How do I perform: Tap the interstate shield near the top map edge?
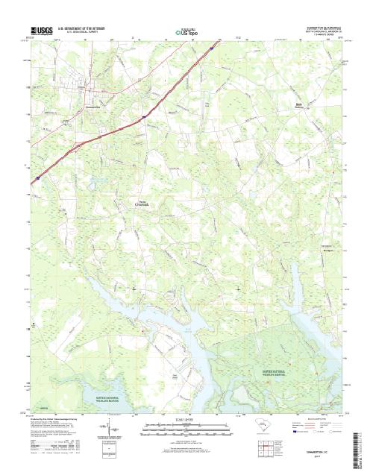pyautogui.click(x=211, y=47)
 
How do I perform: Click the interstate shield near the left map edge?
pyautogui.click(x=34, y=180)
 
